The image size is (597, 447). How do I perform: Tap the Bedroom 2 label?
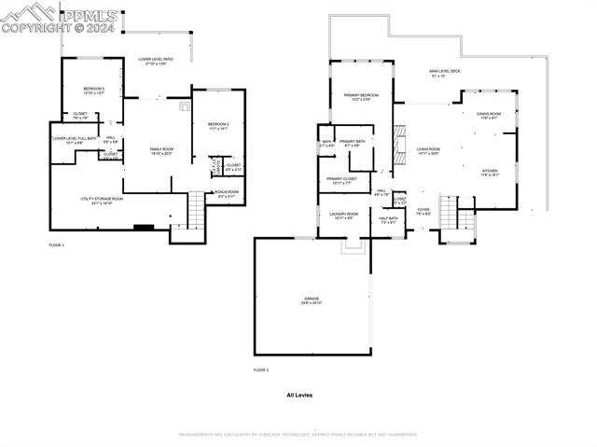218,125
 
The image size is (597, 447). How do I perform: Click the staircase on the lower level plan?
196,212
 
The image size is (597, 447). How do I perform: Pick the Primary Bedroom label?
360,97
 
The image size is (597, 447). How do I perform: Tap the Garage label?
311,301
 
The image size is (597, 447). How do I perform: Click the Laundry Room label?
343,216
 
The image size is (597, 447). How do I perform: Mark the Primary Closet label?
342,180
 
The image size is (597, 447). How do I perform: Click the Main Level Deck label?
445,73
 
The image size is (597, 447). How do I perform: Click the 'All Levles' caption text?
299,396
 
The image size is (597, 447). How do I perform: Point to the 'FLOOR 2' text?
261,370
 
